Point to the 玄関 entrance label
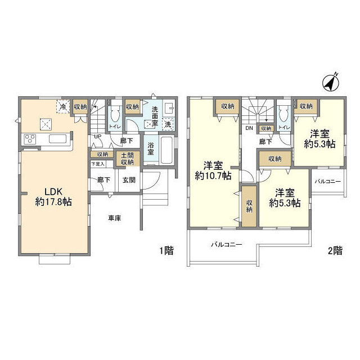coord(128,180)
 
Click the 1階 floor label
coord(166,252)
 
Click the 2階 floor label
coord(335,252)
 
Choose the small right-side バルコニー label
coord(327,182)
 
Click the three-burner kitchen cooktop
coord(30,139)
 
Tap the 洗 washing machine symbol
coord(168,123)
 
